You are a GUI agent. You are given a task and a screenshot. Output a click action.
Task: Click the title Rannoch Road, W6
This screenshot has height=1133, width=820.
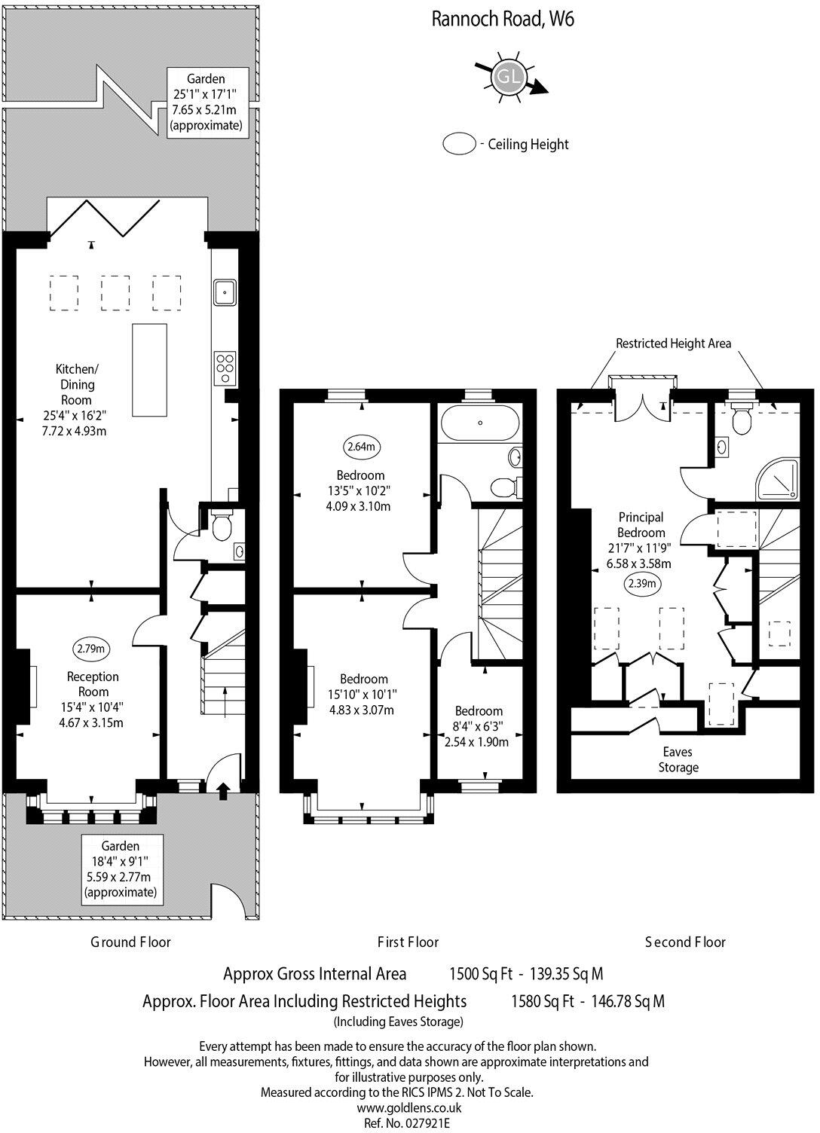click(503, 20)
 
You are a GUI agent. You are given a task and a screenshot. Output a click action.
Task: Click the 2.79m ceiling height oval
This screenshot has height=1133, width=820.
click(90, 649)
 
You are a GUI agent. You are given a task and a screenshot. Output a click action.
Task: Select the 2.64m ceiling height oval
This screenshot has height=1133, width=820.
click(362, 447)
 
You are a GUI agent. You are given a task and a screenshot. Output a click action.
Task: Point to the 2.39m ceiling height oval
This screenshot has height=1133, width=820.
click(643, 583)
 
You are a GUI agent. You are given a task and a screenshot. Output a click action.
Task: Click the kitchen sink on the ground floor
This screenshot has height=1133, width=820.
click(225, 292)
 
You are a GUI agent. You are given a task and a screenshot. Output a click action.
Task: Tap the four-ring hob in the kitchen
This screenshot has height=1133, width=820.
click(225, 368)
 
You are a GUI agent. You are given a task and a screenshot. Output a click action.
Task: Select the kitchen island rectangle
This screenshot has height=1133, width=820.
click(149, 370)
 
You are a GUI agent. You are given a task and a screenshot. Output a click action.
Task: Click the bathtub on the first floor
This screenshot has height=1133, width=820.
click(480, 423)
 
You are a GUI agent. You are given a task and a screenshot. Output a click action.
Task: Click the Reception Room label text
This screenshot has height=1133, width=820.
click(93, 684)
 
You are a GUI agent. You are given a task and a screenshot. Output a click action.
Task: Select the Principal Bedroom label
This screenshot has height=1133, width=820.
click(641, 525)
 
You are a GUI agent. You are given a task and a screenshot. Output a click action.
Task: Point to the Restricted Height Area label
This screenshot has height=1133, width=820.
click(673, 344)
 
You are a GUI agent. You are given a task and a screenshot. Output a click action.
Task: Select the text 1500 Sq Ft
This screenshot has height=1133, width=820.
click(481, 973)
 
